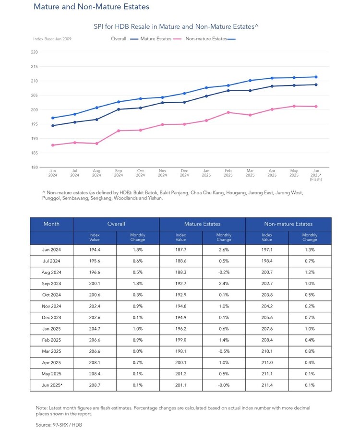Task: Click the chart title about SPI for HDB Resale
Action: tap(176, 26)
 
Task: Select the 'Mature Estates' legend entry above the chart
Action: tap(156, 39)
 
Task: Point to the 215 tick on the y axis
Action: tap(34, 66)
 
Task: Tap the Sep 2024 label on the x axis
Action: tap(119, 173)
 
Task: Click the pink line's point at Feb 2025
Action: tap(228, 112)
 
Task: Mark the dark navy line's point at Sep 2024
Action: tap(119, 109)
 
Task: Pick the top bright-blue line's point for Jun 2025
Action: tap(316, 77)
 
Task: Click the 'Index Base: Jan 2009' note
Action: tap(52, 39)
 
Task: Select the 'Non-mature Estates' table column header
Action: tap(288, 224)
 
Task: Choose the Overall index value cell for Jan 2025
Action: tap(95, 329)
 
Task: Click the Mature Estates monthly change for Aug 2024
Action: tap(224, 272)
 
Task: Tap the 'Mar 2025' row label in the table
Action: tap(51, 351)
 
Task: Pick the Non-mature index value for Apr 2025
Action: tap(267, 362)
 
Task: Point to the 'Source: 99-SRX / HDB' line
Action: tap(59, 425)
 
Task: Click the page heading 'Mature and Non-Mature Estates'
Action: tap(91, 7)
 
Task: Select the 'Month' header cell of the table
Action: tap(51, 224)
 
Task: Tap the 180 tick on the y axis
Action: tap(34, 167)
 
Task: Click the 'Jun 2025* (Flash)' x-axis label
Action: tap(316, 175)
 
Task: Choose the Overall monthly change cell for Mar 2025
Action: tap(137, 351)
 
